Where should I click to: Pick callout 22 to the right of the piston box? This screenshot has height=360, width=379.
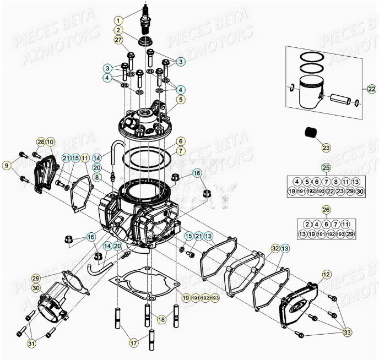371,89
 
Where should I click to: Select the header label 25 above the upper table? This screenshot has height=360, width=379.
326,167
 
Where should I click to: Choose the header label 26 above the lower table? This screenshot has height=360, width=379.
326,210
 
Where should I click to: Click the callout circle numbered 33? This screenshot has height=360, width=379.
346,332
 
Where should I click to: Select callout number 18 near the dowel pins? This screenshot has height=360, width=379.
161,319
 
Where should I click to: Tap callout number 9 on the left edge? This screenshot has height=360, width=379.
7,165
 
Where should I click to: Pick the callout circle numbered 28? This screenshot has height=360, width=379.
40,142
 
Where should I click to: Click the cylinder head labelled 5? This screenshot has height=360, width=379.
146,122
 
